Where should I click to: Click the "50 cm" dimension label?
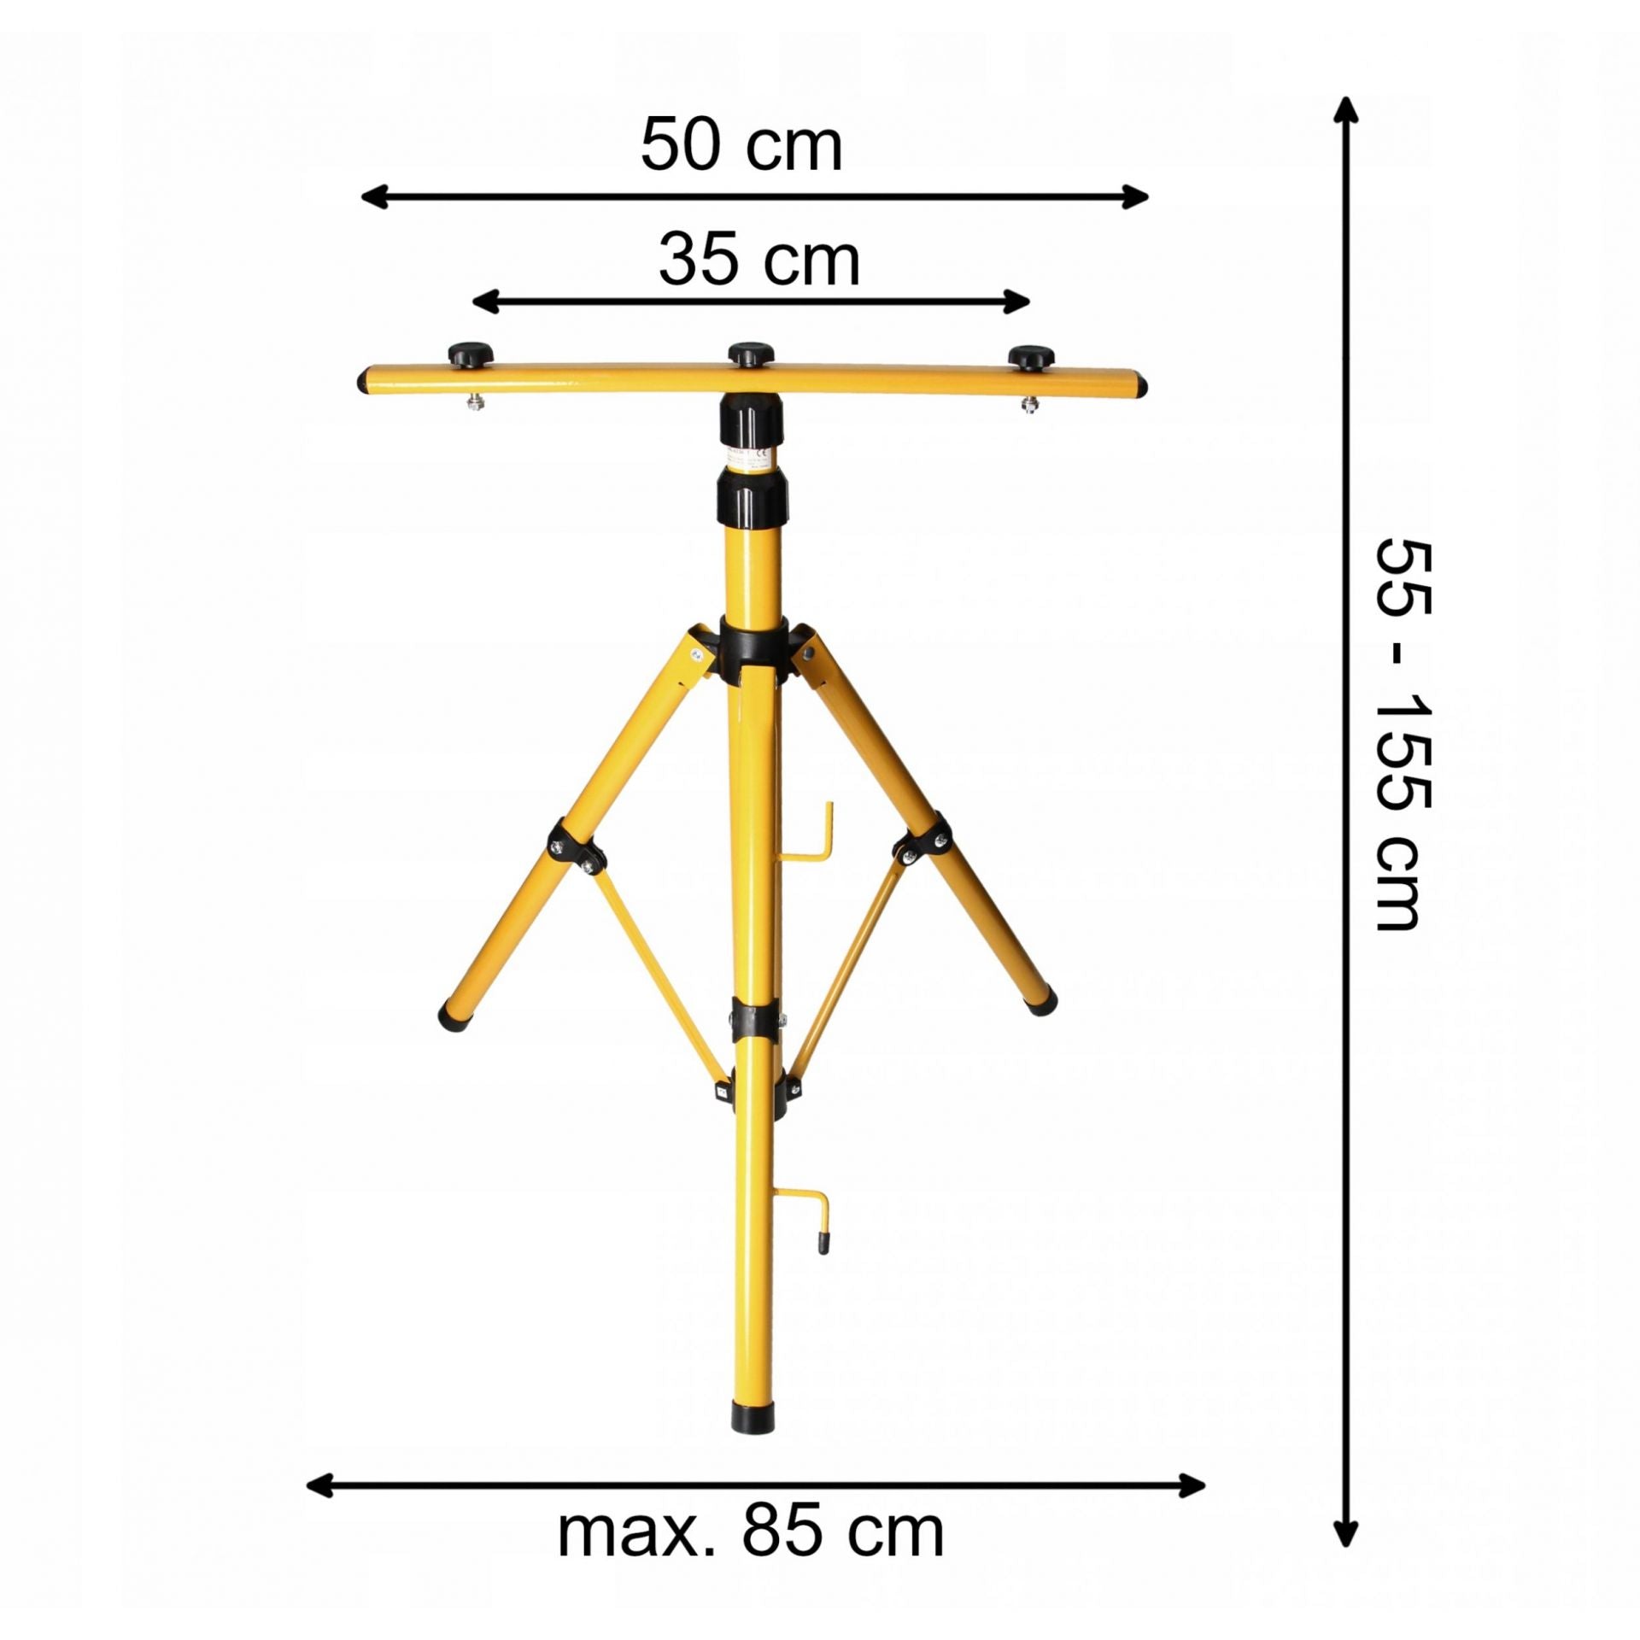(x=741, y=147)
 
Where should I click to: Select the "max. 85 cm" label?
(x=751, y=1486)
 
